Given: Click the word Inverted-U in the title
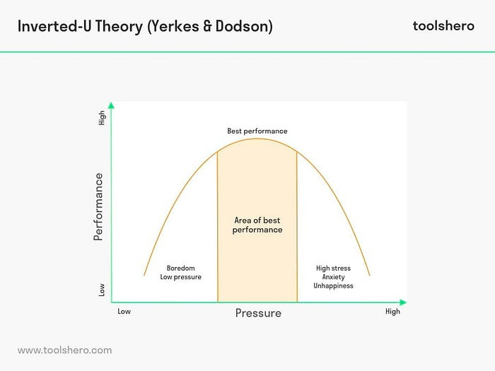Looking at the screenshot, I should tap(50, 26).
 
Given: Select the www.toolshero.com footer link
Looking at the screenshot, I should tap(64, 350).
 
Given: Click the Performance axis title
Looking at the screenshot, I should tap(98, 206).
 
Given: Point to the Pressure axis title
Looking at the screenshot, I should tap(258, 313).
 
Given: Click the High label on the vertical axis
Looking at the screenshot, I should tap(102, 119).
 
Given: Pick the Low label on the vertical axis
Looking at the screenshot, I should tap(102, 290).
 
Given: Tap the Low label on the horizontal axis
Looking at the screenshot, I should tap(124, 312).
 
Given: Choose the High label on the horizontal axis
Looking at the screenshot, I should tap(392, 312).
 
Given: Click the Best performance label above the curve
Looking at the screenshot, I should tap(257, 131).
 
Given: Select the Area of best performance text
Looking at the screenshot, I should tap(258, 225).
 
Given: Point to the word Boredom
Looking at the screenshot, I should tap(180, 269).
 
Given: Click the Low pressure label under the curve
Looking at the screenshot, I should tap(180, 277).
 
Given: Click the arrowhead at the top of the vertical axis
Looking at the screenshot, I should tap(112, 105).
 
